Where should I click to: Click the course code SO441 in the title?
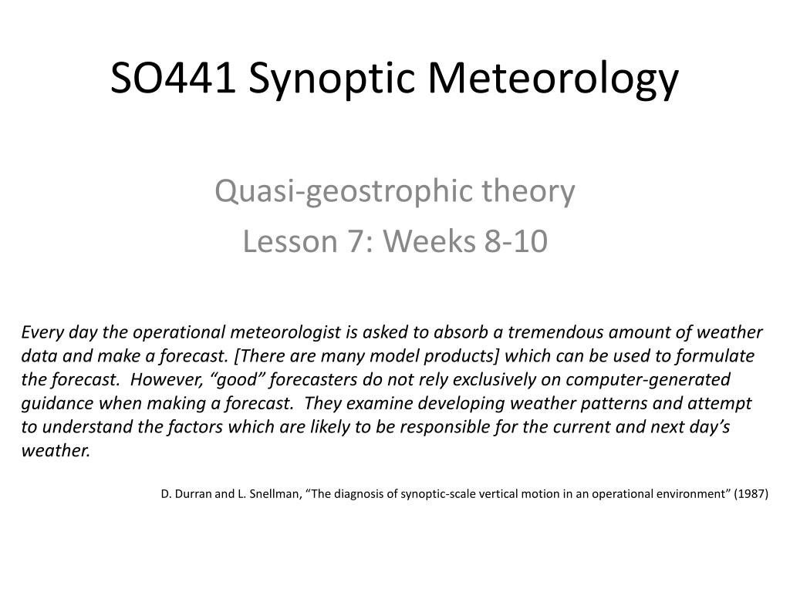point(172,79)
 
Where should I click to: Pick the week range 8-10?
point(515,242)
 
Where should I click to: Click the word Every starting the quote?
point(38,332)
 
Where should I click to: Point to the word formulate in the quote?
point(720,356)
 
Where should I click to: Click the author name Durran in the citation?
point(191,494)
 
